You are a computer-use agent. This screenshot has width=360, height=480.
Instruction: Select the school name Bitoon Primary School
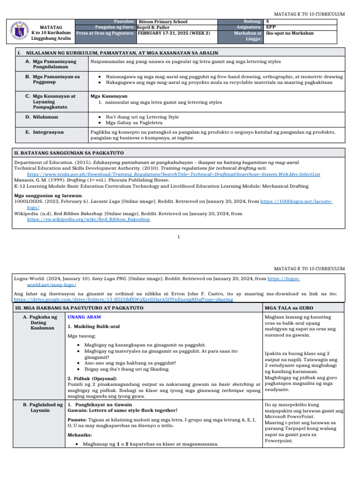click(163, 22)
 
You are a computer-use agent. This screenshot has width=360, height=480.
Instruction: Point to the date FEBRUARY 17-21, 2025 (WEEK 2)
click(173, 33)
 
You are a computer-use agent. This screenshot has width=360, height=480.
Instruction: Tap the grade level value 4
click(267, 22)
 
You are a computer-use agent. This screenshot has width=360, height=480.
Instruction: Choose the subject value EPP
click(270, 27)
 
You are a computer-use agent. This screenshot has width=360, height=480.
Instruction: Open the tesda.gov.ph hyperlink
click(173, 174)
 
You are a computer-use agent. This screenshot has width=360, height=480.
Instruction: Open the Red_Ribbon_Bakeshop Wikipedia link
click(89, 219)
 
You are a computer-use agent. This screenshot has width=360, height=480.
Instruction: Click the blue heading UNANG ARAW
click(82, 317)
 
